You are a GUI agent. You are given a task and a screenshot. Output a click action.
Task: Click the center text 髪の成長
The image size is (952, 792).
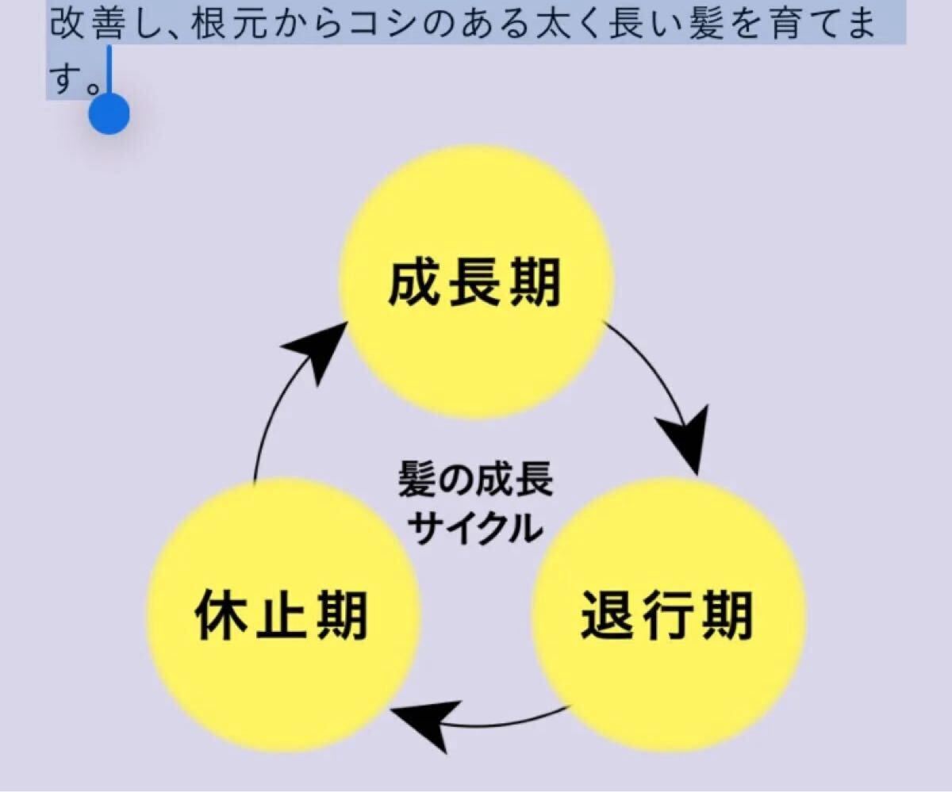[475, 480]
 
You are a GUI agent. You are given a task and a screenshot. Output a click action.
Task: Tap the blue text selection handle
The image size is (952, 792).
[109, 113]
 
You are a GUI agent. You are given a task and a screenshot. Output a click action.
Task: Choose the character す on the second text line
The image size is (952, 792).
[67, 77]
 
